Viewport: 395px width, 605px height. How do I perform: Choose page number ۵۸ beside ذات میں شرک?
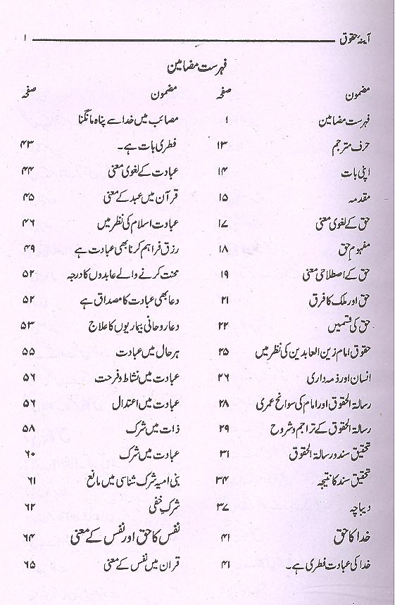(27, 427)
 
